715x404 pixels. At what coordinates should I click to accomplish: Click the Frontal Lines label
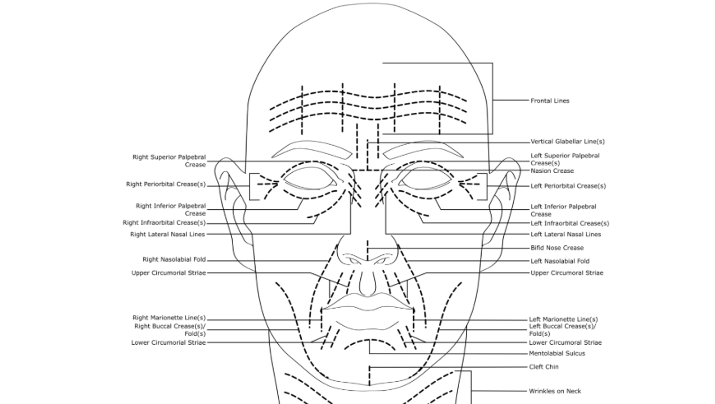pyautogui.click(x=549, y=101)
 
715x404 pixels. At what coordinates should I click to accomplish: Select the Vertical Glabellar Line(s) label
pyautogui.click(x=567, y=142)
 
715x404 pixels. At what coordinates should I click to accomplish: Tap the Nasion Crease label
pyautogui.click(x=552, y=171)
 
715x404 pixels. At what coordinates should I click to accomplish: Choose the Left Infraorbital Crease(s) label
pyautogui.click(x=569, y=223)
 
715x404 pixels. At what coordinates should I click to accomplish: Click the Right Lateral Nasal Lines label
pyautogui.click(x=167, y=234)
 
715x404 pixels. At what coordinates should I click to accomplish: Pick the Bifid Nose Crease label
pyautogui.click(x=557, y=248)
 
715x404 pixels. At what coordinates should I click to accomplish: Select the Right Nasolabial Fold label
pyautogui.click(x=174, y=259)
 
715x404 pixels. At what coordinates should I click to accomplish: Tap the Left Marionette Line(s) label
pyautogui.click(x=563, y=319)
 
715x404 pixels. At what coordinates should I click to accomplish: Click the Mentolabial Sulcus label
pyautogui.click(x=557, y=354)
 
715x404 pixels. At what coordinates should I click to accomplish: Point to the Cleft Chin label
pyautogui.click(x=543, y=367)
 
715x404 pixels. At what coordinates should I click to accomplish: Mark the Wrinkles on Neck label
pyautogui.click(x=555, y=391)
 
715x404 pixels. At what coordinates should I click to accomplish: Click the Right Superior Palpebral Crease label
pyautogui.click(x=169, y=161)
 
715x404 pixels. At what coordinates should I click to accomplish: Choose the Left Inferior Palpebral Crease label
pyautogui.click(x=563, y=210)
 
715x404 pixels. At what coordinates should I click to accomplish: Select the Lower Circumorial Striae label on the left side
pyautogui.click(x=168, y=342)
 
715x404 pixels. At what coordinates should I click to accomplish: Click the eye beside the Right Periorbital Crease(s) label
pyautogui.click(x=310, y=179)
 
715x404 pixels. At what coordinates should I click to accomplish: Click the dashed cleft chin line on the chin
pyautogui.click(x=369, y=376)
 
